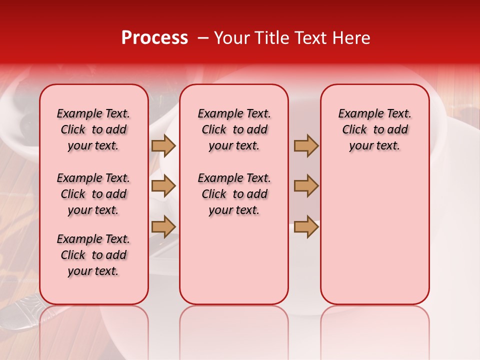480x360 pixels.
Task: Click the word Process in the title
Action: pos(154,38)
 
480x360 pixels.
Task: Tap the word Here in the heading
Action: pos(350,38)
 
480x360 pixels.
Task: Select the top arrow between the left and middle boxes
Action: pos(163,145)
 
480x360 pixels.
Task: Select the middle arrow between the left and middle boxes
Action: pos(163,186)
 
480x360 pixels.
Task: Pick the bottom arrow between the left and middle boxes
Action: pos(163,226)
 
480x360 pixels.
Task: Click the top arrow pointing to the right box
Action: pos(306,145)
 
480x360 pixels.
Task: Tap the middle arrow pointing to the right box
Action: pos(306,186)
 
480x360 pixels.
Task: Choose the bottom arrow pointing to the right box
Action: pos(306,226)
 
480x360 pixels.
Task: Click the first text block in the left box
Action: pos(93,129)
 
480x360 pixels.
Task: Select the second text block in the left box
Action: pos(93,194)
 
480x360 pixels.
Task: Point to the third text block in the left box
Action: pos(93,255)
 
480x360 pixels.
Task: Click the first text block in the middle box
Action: pos(234,129)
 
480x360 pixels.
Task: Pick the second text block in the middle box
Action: pos(234,194)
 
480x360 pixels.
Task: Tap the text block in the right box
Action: pos(374,129)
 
